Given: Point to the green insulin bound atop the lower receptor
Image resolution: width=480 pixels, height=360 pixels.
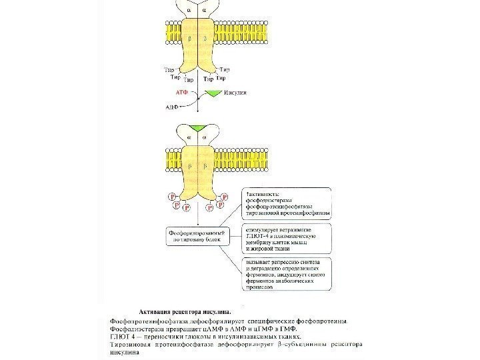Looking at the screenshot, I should point(197,127).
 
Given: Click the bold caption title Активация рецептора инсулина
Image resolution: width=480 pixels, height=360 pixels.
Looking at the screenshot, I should point(185,311).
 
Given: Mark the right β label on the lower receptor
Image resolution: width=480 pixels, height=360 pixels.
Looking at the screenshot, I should point(207,164).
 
